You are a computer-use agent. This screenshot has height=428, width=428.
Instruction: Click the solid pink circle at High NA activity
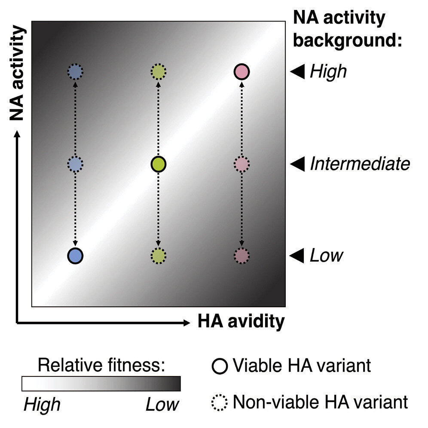(x=242, y=71)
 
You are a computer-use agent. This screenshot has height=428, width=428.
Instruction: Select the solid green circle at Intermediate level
(x=159, y=164)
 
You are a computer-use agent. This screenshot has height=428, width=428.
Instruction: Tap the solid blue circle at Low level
(x=75, y=256)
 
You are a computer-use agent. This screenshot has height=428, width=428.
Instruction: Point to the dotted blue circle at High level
(x=75, y=71)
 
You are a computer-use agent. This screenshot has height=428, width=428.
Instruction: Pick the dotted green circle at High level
(x=159, y=71)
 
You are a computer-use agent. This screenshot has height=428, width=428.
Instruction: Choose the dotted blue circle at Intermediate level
(x=75, y=164)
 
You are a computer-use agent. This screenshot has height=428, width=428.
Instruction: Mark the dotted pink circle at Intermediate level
(x=242, y=164)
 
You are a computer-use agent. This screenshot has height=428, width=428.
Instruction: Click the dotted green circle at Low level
(x=159, y=256)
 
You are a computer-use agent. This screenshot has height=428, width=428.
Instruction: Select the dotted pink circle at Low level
(x=242, y=256)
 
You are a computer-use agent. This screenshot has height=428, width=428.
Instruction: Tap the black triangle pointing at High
(x=297, y=71)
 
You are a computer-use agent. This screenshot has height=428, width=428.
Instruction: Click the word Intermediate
(x=360, y=164)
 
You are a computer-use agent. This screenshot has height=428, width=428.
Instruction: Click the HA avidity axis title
(x=241, y=321)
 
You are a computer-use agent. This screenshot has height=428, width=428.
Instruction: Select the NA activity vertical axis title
(x=17, y=73)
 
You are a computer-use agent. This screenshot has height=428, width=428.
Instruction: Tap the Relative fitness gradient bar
(x=101, y=384)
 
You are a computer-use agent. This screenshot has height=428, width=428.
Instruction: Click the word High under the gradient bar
(x=42, y=404)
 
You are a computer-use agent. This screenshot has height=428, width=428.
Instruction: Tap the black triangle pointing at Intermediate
(x=297, y=164)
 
